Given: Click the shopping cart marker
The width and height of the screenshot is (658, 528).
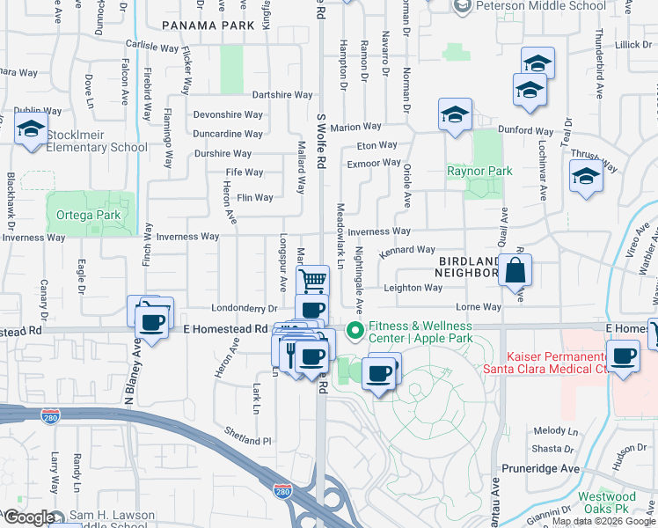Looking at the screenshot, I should [313, 281].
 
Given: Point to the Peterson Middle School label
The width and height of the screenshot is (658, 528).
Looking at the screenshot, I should [541, 6].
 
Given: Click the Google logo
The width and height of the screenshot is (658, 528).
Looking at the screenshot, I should [28, 517].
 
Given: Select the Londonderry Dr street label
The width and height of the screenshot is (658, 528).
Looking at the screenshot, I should [245, 308].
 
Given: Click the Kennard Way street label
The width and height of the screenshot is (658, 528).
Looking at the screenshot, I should [407, 252].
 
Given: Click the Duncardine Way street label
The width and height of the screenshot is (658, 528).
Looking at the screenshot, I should [228, 134].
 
